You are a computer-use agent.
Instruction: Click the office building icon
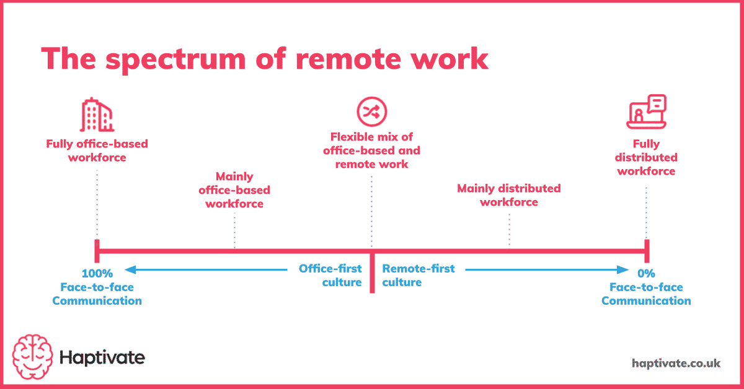97,115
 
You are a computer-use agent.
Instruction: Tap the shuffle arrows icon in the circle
371,111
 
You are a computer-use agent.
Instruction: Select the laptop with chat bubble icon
646,112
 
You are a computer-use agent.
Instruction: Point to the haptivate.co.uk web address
676,363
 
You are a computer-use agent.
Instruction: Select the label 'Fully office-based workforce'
97,151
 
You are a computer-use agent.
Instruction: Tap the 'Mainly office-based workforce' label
234,190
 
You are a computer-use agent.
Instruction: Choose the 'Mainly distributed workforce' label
509,194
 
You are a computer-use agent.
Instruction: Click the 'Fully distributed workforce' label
646,157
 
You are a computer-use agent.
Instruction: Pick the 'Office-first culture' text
330,275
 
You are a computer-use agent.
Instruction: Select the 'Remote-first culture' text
418,275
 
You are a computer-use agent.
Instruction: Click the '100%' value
97,273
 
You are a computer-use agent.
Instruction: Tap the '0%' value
646,273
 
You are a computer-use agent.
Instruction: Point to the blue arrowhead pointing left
129,269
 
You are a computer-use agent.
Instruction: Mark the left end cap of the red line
97,251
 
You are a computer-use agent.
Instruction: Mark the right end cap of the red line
647,251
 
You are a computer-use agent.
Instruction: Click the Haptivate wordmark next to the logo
102,357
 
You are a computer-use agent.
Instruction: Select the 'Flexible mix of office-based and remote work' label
371,151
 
